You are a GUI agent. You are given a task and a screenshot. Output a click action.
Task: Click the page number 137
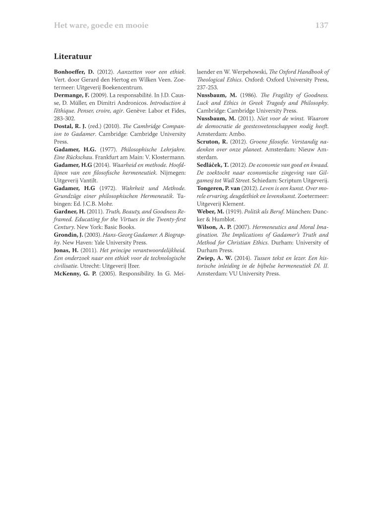tap(321, 25)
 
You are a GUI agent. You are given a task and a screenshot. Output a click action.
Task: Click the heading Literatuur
tap(73, 57)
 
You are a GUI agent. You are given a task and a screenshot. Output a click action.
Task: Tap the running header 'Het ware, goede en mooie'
tap(101, 25)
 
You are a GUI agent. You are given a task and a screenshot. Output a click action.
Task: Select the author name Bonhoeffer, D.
tap(74, 72)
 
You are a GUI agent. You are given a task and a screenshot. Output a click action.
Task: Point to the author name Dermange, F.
tap(71, 94)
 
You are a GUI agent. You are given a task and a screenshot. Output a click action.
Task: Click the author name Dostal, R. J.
tap(69, 127)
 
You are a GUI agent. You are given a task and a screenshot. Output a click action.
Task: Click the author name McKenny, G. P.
tap(75, 273)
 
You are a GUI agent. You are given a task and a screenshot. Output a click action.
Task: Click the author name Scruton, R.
tap(212, 141)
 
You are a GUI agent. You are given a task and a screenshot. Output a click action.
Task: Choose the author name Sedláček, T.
tap(213, 164)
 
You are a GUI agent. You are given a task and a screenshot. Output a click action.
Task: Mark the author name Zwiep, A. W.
tap(213, 258)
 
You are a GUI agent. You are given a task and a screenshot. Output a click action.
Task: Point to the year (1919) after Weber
tap(234, 211)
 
